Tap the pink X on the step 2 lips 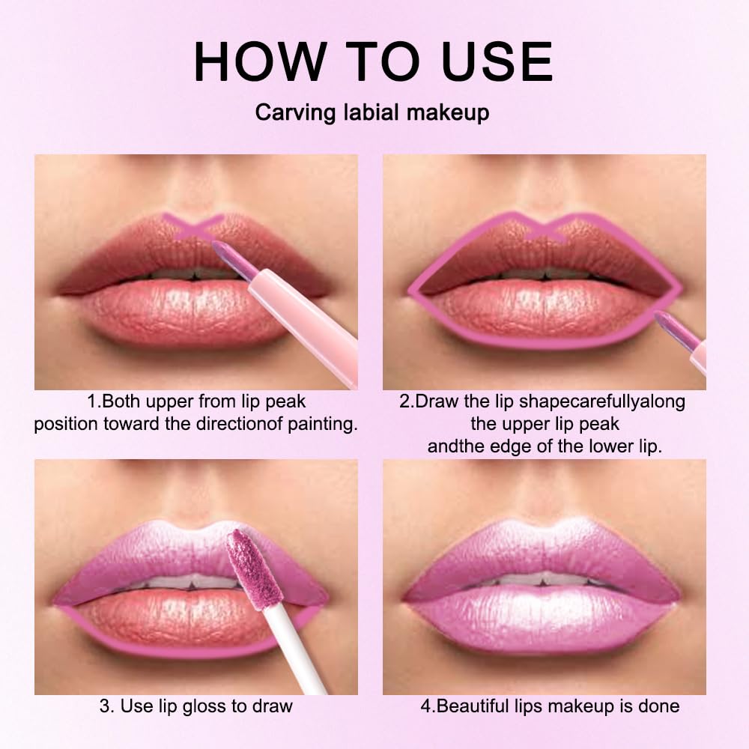tap(545, 228)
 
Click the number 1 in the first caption tap(90, 401)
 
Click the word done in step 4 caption tap(660, 706)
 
